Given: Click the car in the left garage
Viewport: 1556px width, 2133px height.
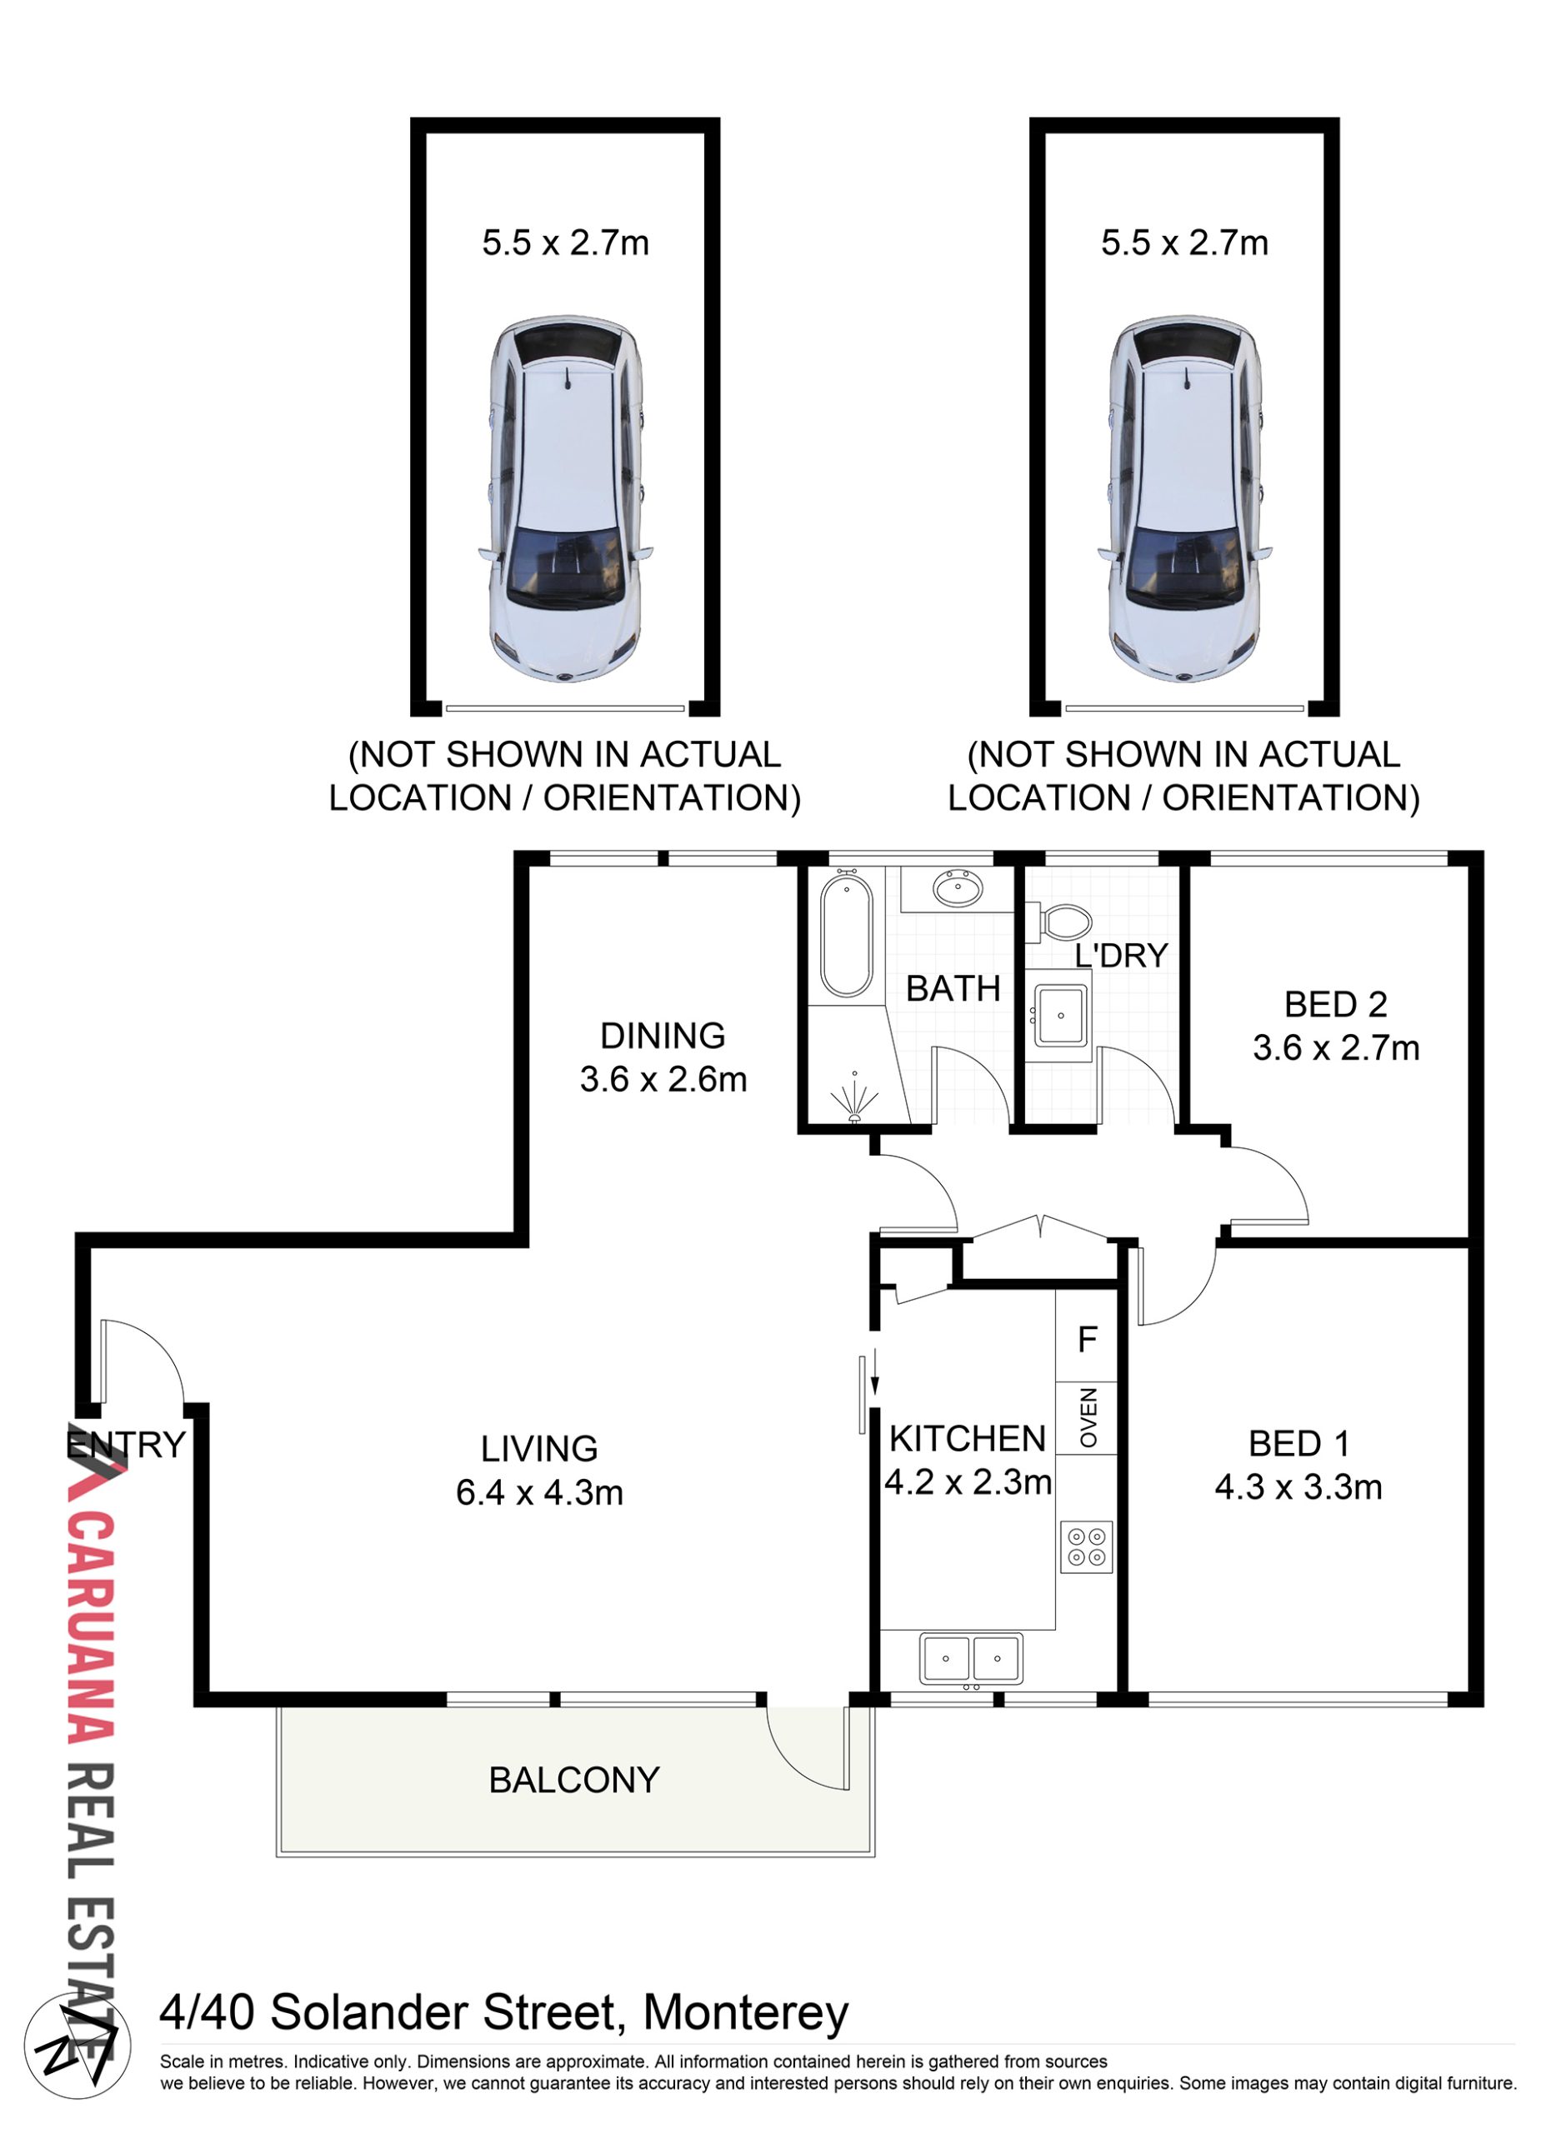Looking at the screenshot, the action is click(x=564, y=498).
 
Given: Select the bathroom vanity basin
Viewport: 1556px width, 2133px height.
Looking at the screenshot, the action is click(x=958, y=888).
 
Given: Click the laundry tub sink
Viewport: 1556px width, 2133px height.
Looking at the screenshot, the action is click(x=1059, y=1015).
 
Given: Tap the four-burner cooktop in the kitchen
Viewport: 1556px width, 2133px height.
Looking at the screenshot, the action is click(x=1086, y=1547).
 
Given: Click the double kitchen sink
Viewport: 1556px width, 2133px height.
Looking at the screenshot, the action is click(x=970, y=1658).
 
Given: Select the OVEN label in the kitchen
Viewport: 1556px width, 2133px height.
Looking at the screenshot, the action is click(x=1088, y=1417).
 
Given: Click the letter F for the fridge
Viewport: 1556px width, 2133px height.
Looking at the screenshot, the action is click(x=1088, y=1339).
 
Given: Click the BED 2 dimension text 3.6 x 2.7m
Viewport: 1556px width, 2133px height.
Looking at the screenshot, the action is click(x=1336, y=1048).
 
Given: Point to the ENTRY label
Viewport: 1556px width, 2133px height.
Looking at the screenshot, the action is click(x=126, y=1445).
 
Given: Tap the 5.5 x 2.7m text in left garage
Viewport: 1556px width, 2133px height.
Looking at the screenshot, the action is click(x=565, y=243).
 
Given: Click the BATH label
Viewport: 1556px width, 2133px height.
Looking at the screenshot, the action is click(x=953, y=989).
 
